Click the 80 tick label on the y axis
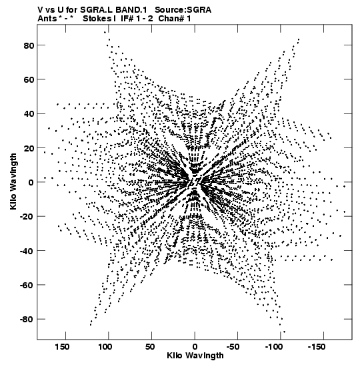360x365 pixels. (x=29, y=45)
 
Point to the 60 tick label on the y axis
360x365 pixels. (x=29, y=79)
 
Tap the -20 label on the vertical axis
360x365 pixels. (x=27, y=216)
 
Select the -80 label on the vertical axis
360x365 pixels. (x=27, y=319)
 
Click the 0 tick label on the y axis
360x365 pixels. (x=31, y=182)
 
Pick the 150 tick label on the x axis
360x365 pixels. (x=62, y=347)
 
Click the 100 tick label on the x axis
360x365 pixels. (x=105, y=347)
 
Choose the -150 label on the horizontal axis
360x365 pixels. (x=317, y=347)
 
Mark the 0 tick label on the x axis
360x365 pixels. (x=195, y=347)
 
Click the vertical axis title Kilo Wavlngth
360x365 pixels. (x=13, y=181)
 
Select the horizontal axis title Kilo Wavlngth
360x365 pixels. (x=195, y=356)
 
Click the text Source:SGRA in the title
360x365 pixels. (x=183, y=10)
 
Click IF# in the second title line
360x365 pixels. (x=128, y=19)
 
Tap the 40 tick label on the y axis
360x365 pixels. (x=29, y=114)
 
